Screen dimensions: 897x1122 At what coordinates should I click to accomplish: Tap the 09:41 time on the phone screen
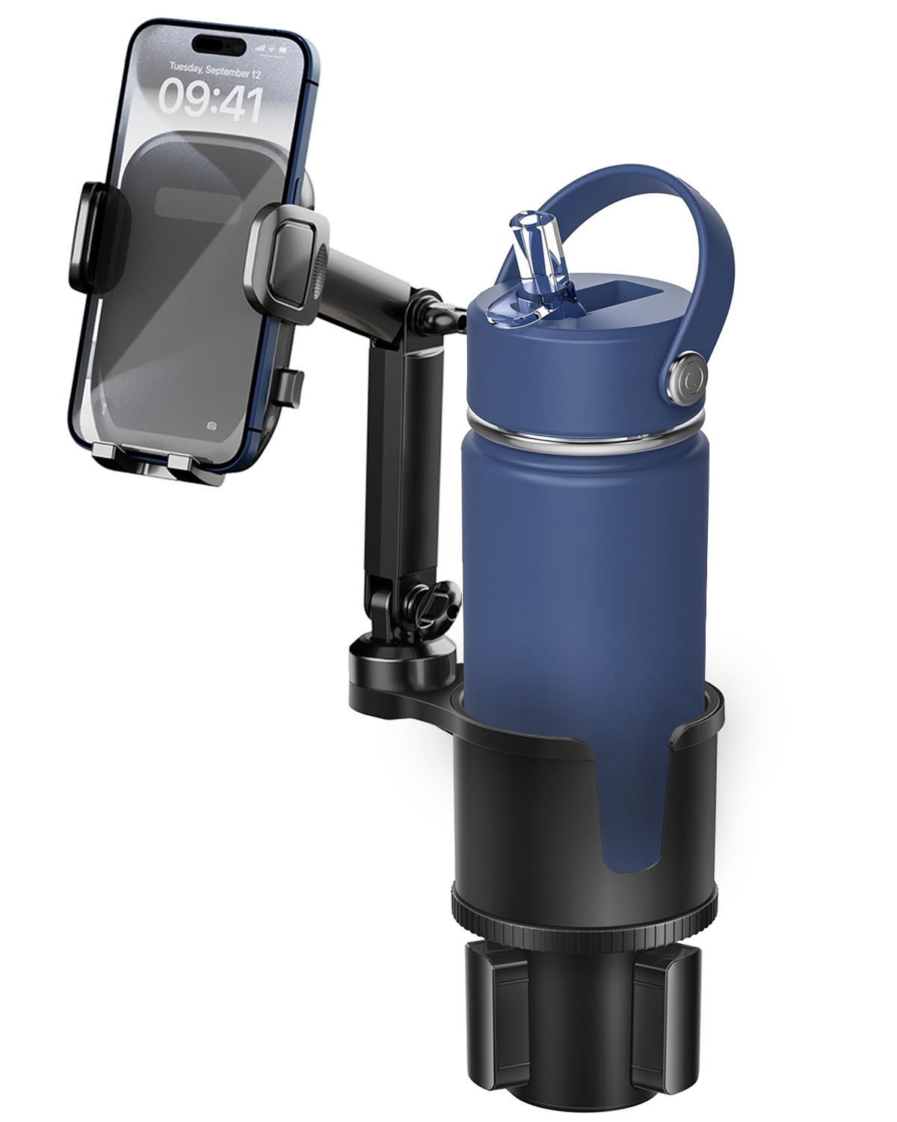click(210, 101)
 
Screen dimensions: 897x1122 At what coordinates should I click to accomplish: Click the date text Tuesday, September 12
click(215, 70)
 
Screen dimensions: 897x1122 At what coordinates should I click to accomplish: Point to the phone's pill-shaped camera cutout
click(219, 46)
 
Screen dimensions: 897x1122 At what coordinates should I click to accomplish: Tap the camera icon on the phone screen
click(211, 426)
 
